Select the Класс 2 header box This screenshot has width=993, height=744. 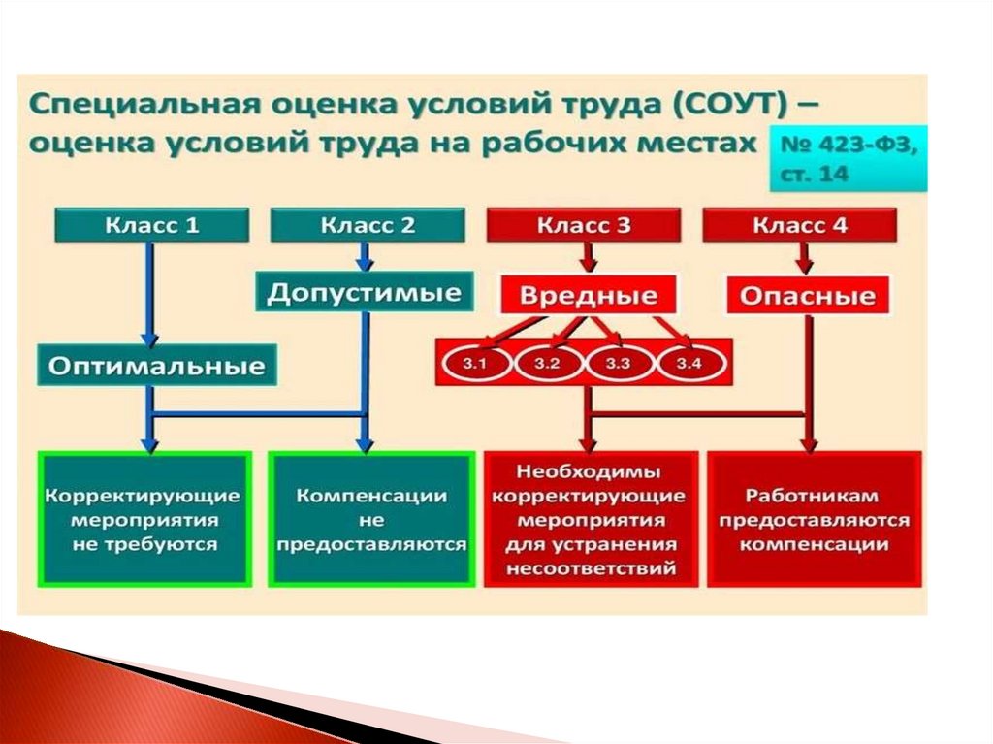[367, 227]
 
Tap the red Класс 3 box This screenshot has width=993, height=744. [584, 227]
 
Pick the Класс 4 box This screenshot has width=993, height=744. [800, 227]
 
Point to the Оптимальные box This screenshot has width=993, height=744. [156, 366]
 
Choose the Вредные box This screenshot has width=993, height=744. [588, 295]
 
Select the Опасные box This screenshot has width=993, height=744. [808, 296]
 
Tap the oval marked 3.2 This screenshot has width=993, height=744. [547, 364]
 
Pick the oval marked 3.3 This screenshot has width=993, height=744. [618, 364]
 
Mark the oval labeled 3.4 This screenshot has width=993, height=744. [688, 364]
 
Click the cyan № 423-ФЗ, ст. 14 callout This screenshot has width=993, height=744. [848, 158]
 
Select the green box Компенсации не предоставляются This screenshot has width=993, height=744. [370, 519]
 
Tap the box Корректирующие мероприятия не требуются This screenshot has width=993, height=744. [144, 519]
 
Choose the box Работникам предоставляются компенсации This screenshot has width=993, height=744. [815, 519]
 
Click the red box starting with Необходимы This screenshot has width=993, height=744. [590, 519]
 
